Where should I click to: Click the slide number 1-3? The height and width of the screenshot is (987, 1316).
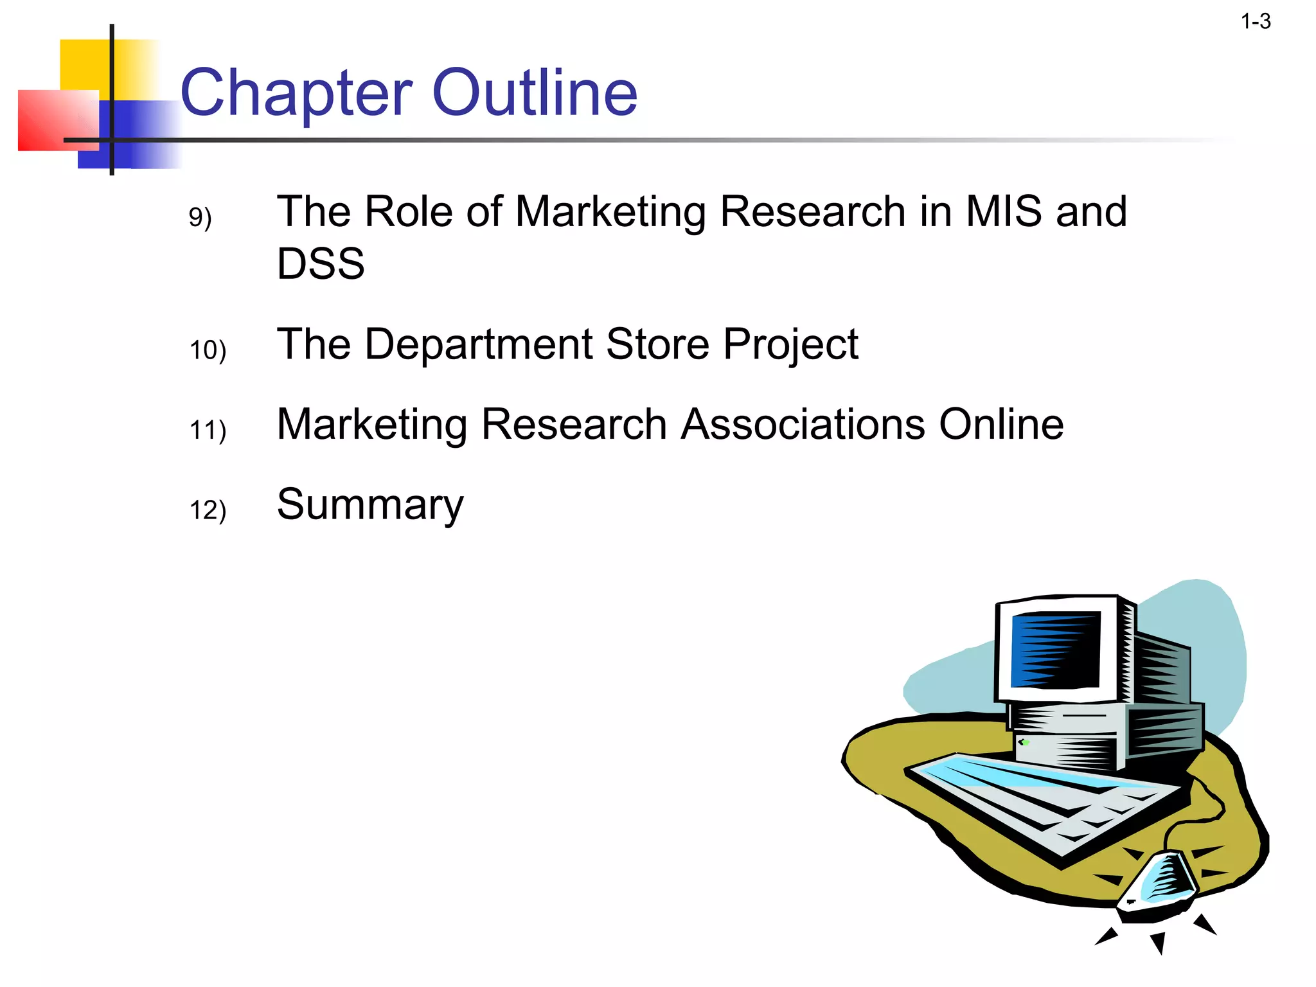[1256, 22]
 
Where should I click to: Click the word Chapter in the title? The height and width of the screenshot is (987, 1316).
[296, 94]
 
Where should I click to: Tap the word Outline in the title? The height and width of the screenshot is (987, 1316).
[535, 94]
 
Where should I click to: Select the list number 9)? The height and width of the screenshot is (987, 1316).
[200, 217]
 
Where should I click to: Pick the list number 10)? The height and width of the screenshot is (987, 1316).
[208, 350]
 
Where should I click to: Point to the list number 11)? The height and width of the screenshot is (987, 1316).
[208, 430]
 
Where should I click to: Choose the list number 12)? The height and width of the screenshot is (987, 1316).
[208, 510]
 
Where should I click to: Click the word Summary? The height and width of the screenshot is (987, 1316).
[369, 506]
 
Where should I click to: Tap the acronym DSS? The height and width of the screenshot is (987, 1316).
[321, 263]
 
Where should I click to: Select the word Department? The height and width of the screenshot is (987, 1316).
[478, 344]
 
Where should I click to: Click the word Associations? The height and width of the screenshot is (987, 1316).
[803, 425]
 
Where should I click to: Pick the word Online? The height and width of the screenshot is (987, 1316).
[1001, 425]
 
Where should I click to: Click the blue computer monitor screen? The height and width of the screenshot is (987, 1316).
[1055, 649]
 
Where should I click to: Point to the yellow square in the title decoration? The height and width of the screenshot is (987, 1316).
[87, 64]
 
